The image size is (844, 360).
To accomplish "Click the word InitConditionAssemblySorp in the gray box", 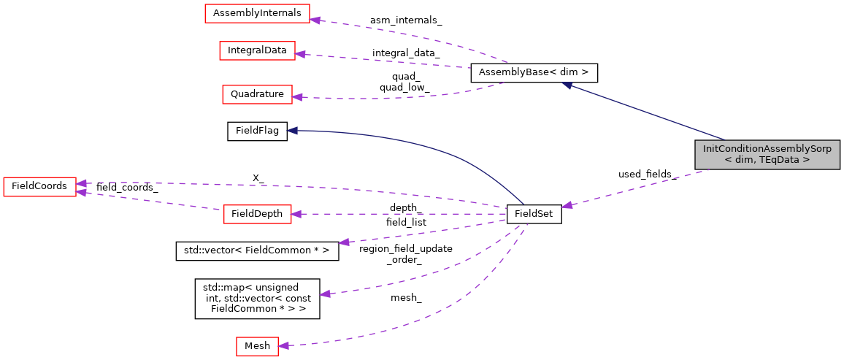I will pos(767,149).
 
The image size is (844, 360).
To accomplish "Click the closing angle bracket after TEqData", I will pos(806,160).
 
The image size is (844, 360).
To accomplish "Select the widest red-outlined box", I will pos(257,13).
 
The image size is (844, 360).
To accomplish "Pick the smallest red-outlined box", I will pos(257,346).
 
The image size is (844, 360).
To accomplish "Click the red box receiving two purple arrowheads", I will pos(39,187).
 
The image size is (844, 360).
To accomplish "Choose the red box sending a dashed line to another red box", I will pos(257,214).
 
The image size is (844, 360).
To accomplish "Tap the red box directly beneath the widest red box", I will pos(257,50).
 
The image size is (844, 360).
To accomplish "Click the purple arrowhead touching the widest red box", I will pos(315,19).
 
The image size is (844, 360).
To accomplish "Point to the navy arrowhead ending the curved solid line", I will pos(292,130).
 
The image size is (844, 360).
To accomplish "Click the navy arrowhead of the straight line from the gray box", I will pos(567,85).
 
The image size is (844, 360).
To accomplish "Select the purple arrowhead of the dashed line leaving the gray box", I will pos(567,206).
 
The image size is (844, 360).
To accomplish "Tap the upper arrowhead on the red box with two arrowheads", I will pos(82,183).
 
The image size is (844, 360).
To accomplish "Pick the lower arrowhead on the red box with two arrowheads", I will pos(82,192).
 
